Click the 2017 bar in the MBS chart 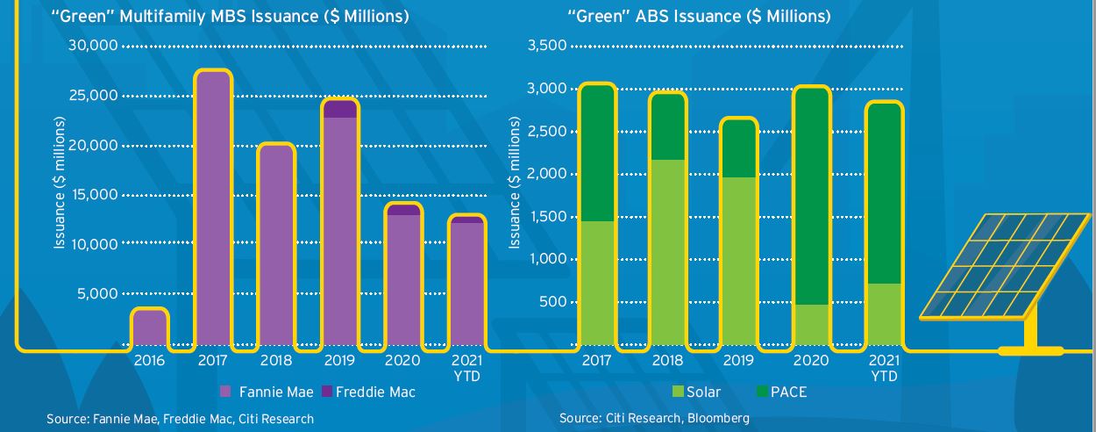213,211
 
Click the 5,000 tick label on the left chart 98,293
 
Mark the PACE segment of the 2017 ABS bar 596,154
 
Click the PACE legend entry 787,392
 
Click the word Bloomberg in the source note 720,419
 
